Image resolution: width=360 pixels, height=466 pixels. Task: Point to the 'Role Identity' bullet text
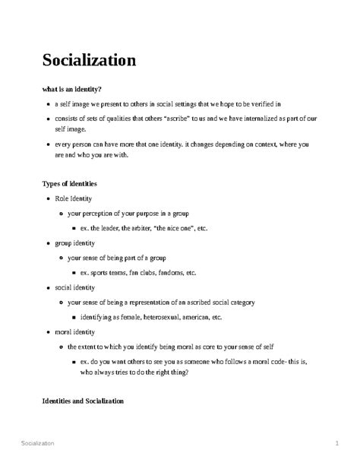click(x=73, y=198)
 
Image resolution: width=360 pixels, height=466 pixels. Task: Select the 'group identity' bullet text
click(x=75, y=243)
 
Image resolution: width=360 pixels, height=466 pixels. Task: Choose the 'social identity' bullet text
click(x=74, y=288)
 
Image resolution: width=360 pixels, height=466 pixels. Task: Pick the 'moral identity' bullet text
click(x=74, y=332)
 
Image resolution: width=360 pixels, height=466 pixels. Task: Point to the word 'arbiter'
click(x=141, y=228)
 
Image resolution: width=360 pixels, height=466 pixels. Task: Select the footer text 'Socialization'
click(x=44, y=442)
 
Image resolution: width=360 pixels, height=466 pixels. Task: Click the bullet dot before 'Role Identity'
click(x=48, y=199)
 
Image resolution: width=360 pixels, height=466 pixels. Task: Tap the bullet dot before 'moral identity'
click(x=48, y=333)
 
